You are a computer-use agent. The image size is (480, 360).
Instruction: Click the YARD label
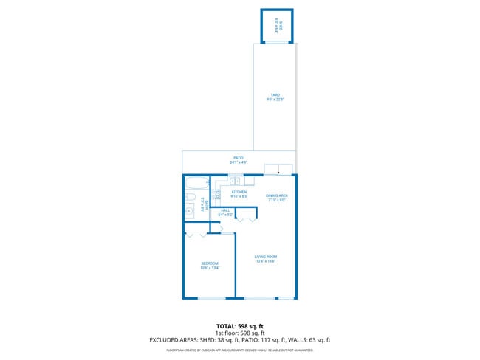tap(275, 94)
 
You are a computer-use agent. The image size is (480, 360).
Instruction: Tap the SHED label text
tap(277, 28)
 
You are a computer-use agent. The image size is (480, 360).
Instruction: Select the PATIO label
tap(239, 157)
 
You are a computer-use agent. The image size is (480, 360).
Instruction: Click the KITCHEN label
tap(239, 192)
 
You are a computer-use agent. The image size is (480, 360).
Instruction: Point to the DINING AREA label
tap(275, 195)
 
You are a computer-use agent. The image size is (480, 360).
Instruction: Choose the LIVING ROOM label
tap(265, 256)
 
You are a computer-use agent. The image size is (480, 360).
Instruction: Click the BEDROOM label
tap(209, 263)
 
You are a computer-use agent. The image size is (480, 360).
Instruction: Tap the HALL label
tap(226, 210)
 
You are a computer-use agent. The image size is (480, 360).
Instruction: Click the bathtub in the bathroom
tap(196, 184)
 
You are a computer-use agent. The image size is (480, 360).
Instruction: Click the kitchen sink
tap(235, 181)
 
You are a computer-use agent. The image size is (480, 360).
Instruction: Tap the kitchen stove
tap(218, 195)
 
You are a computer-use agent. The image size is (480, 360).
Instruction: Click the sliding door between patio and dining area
tap(278, 172)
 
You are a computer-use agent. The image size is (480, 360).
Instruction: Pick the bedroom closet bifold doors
tap(196, 234)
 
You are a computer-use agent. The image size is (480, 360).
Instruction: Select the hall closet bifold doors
tap(247, 219)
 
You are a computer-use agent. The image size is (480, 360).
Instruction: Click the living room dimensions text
tap(265, 260)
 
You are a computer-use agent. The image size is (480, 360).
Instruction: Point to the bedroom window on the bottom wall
tap(212, 298)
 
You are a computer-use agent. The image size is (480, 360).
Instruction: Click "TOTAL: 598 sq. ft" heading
tap(239, 325)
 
